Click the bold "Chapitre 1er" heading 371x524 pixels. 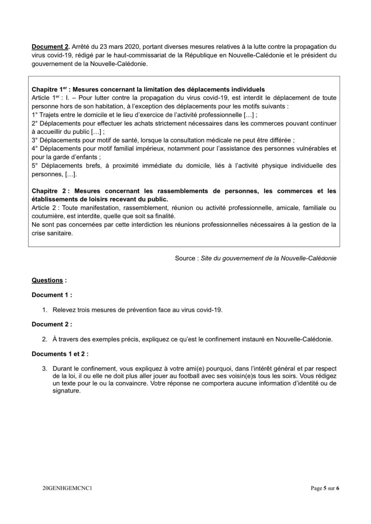pos(49,90)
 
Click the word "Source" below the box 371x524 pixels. pos(185,258)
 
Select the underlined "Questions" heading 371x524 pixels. pos(47,280)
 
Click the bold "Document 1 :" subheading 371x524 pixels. pos(52,295)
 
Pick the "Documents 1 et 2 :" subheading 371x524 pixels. pos(60,354)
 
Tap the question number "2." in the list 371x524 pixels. pos(45,339)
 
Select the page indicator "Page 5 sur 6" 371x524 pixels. pos(325,488)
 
